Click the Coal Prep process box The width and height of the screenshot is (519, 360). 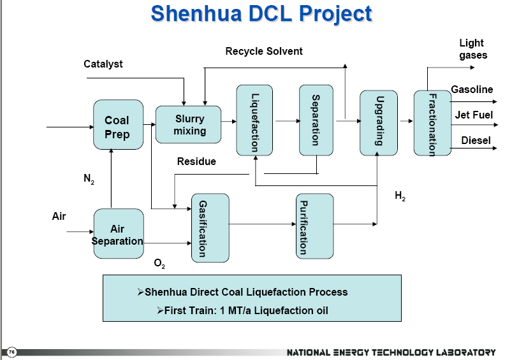point(119,125)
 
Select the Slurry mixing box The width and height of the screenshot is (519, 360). point(188,124)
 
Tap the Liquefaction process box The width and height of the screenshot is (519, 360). point(254,120)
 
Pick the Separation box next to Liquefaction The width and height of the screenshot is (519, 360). point(316,120)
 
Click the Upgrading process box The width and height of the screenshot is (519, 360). point(379,123)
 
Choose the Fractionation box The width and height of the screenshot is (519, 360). point(433,123)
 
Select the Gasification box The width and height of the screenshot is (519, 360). point(210,228)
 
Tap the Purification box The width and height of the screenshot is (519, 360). point(315,226)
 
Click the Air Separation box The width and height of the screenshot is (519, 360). point(119,234)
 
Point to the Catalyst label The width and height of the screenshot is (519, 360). point(103,64)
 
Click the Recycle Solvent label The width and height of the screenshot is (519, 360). point(264,51)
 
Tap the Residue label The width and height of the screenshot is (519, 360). point(196,161)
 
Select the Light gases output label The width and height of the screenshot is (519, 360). point(472,49)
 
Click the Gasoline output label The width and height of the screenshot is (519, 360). point(472,89)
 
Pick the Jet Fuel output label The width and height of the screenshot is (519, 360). point(474,115)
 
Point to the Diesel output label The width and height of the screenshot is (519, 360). point(476,140)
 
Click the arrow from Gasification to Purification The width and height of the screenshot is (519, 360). point(263,224)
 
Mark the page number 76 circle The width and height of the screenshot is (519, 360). point(11,352)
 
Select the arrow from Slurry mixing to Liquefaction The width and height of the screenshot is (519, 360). point(229,122)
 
